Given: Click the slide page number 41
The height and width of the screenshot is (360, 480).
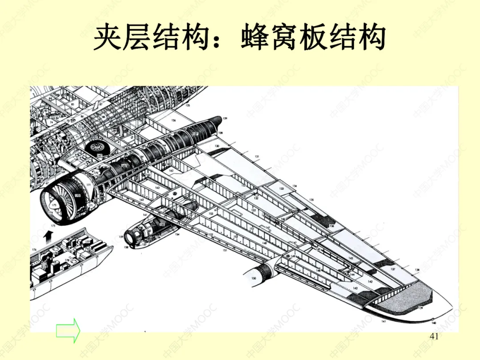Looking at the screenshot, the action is point(435,336).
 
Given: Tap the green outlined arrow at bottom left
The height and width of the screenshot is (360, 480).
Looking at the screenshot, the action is point(68,330).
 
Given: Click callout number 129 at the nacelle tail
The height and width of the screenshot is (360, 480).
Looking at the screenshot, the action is point(225,119).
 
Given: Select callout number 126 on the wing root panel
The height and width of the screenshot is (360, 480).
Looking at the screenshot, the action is point(173,120).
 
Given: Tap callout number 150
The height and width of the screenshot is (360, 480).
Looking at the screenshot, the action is point(253,279).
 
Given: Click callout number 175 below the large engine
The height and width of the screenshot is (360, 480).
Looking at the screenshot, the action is point(53,226).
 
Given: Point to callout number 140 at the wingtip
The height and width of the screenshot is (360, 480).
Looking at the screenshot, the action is point(434,323).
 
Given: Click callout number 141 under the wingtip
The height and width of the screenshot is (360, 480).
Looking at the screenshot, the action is point(383,320).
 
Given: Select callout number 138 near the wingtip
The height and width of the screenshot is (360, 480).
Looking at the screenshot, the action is point(417,270).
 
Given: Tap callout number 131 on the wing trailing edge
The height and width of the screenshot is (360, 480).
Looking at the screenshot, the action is point(256,157).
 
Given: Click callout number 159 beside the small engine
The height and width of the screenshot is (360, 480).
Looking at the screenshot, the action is point(120,237).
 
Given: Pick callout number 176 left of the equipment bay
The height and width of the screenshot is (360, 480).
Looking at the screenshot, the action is point(34,250).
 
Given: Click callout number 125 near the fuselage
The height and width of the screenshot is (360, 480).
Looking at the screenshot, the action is point(188,106).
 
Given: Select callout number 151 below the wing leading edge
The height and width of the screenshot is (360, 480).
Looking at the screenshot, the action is point(225,251).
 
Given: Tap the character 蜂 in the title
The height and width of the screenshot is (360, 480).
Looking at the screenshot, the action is point(259,38).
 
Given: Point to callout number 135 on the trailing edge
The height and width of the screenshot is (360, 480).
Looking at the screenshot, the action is point(312,200).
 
